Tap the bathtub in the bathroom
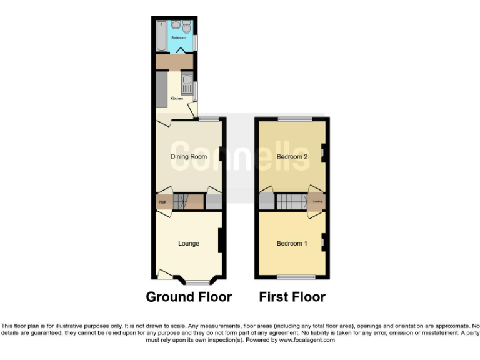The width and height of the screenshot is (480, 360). tap(161, 36)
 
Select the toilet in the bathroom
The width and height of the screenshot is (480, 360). tap(187, 27)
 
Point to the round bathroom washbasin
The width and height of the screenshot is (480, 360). tap(176, 24)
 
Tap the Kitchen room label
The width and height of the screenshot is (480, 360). tap(177, 99)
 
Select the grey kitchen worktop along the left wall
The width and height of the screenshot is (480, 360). tap(161, 91)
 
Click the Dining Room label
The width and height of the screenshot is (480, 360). tap(189, 156)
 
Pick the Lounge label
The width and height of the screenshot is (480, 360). tap(188, 244)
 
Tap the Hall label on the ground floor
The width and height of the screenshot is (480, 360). tap(162, 202)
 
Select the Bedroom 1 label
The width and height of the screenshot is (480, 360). tap(292, 244)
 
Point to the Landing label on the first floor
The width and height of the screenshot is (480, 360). tap(317, 202)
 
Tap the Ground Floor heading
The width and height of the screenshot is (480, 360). tap(189, 297)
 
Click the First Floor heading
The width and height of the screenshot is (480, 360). tap(292, 297)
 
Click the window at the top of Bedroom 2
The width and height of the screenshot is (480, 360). tap(294, 118)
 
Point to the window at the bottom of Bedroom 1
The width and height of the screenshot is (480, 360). tap(297, 277)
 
